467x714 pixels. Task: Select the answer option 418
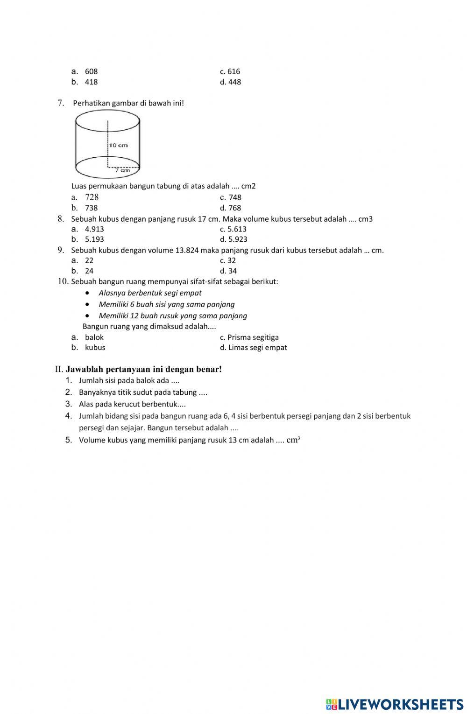tap(91, 82)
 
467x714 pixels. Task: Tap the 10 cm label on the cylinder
tap(119, 145)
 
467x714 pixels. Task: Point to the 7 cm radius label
tap(123, 170)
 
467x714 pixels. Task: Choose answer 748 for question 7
tap(234, 197)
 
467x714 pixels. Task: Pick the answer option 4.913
tap(94, 229)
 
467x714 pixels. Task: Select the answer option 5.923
tap(237, 239)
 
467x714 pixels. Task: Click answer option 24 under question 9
tap(89, 271)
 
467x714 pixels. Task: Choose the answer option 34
tap(232, 271)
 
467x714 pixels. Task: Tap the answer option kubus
tap(95, 348)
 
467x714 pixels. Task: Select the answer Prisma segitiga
tap(253, 337)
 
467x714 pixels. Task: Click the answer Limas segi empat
tap(257, 348)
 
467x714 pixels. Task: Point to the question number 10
tap(63, 281)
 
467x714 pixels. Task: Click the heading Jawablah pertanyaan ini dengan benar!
tap(143, 369)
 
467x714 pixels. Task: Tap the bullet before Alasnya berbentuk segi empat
tap(88, 293)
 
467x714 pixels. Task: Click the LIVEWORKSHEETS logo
tap(395, 704)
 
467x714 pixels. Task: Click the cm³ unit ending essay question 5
tap(293, 440)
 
